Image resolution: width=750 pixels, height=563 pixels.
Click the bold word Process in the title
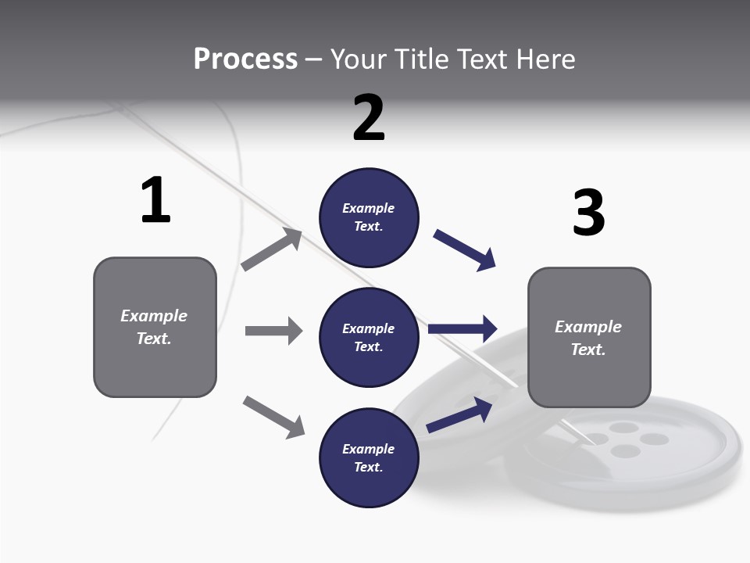(x=245, y=59)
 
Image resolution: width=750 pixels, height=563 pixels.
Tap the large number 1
(x=155, y=200)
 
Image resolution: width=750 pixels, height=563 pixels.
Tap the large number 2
(x=369, y=117)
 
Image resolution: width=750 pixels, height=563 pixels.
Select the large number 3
(x=588, y=213)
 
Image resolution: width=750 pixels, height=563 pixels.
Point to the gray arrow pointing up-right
(x=272, y=249)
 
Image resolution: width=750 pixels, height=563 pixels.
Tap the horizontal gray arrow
(x=273, y=331)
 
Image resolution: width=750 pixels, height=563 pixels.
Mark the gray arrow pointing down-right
(x=273, y=417)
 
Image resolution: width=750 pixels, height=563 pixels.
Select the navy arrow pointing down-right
(x=465, y=250)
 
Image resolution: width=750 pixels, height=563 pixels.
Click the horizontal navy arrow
(x=462, y=329)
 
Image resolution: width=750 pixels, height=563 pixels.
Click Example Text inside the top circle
(x=369, y=217)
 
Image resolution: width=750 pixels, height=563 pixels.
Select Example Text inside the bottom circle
(x=369, y=458)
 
